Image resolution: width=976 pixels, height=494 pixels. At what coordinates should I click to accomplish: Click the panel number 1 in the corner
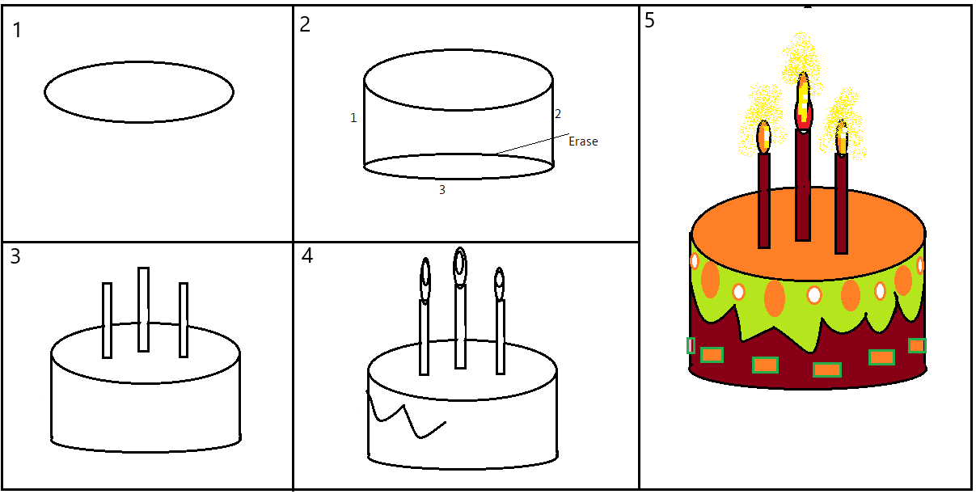19,31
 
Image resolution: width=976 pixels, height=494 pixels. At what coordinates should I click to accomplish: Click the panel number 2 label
305,25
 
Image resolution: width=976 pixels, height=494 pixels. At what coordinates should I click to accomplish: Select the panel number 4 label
306,256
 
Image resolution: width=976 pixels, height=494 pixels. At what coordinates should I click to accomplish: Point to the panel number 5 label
650,21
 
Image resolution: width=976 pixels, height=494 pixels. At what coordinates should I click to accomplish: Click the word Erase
583,141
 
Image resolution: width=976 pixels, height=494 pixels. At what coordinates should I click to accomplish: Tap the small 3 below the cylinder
442,190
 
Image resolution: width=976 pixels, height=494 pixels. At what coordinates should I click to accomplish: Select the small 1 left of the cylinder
353,118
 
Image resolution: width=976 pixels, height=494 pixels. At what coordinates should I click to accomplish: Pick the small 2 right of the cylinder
558,114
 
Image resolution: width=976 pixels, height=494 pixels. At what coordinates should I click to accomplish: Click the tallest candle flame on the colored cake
803,101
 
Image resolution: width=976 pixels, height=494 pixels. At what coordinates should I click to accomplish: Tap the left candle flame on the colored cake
763,137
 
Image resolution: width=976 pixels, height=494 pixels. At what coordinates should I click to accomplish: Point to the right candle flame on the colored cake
842,138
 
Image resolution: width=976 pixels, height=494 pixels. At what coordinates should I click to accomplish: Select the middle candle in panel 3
143,309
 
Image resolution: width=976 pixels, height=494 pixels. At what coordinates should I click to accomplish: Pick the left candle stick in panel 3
107,320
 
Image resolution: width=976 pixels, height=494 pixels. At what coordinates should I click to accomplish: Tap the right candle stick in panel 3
184,319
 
